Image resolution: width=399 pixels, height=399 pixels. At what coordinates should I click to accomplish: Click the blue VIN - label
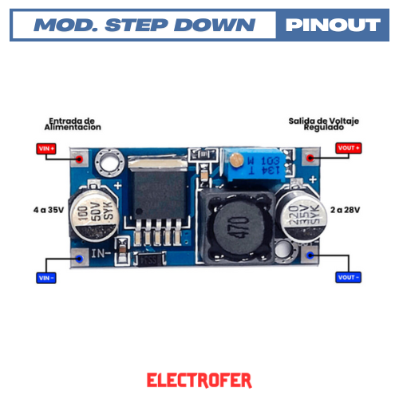(46, 278)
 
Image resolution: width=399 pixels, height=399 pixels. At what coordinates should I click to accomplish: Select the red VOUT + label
(350, 148)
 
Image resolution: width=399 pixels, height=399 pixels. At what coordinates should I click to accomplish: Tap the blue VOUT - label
(349, 278)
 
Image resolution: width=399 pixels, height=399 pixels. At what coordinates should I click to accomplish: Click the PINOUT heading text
(332, 25)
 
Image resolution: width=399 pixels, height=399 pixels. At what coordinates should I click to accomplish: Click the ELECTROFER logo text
(199, 379)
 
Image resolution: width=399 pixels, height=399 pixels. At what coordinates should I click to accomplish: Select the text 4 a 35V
(48, 210)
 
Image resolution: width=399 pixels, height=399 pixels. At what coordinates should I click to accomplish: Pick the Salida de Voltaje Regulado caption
(324, 124)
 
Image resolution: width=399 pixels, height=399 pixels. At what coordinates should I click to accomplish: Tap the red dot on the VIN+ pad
(79, 158)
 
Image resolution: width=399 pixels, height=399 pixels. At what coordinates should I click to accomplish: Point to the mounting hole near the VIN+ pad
(109, 164)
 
